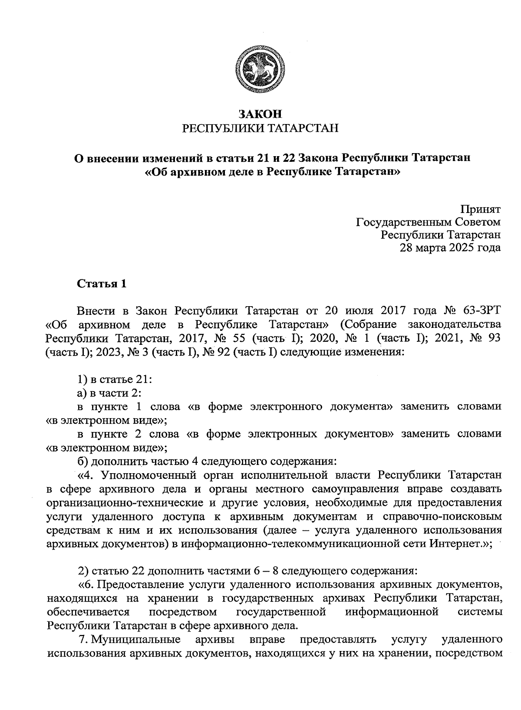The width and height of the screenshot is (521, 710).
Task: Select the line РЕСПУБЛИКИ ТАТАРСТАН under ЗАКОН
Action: [x=260, y=128]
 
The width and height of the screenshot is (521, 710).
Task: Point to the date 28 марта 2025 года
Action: [x=450, y=248]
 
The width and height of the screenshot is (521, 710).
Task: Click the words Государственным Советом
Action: [x=428, y=222]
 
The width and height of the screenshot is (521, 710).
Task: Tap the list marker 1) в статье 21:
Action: [x=114, y=380]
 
